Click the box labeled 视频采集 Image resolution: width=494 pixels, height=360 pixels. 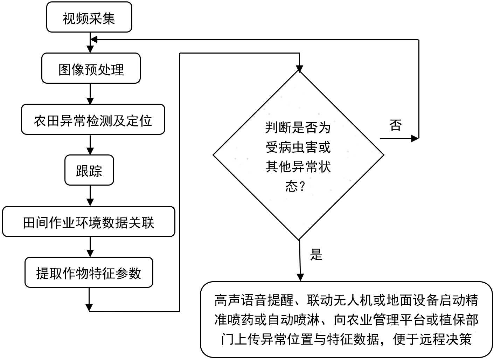(x=89, y=18)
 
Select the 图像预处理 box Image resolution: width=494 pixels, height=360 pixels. (x=91, y=69)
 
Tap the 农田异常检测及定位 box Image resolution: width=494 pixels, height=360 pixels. (x=93, y=120)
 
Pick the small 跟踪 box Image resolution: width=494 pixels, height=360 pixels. (x=89, y=171)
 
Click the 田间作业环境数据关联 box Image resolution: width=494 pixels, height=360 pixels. (x=89, y=222)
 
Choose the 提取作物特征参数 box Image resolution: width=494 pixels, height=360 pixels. (x=89, y=273)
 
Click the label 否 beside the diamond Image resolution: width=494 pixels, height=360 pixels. (x=396, y=125)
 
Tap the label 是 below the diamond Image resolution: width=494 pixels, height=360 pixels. (x=316, y=255)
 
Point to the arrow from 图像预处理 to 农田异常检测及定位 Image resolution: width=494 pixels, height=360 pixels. (x=90, y=94)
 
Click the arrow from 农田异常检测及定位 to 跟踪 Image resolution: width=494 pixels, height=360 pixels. (x=90, y=145)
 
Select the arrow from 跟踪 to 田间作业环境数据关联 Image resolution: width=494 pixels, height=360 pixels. (x=90, y=196)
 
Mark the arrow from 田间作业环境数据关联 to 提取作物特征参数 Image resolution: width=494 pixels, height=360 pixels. (x=90, y=247)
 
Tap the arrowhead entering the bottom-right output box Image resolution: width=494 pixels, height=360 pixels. (x=300, y=277)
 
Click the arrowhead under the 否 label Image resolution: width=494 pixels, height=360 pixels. (x=415, y=138)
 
